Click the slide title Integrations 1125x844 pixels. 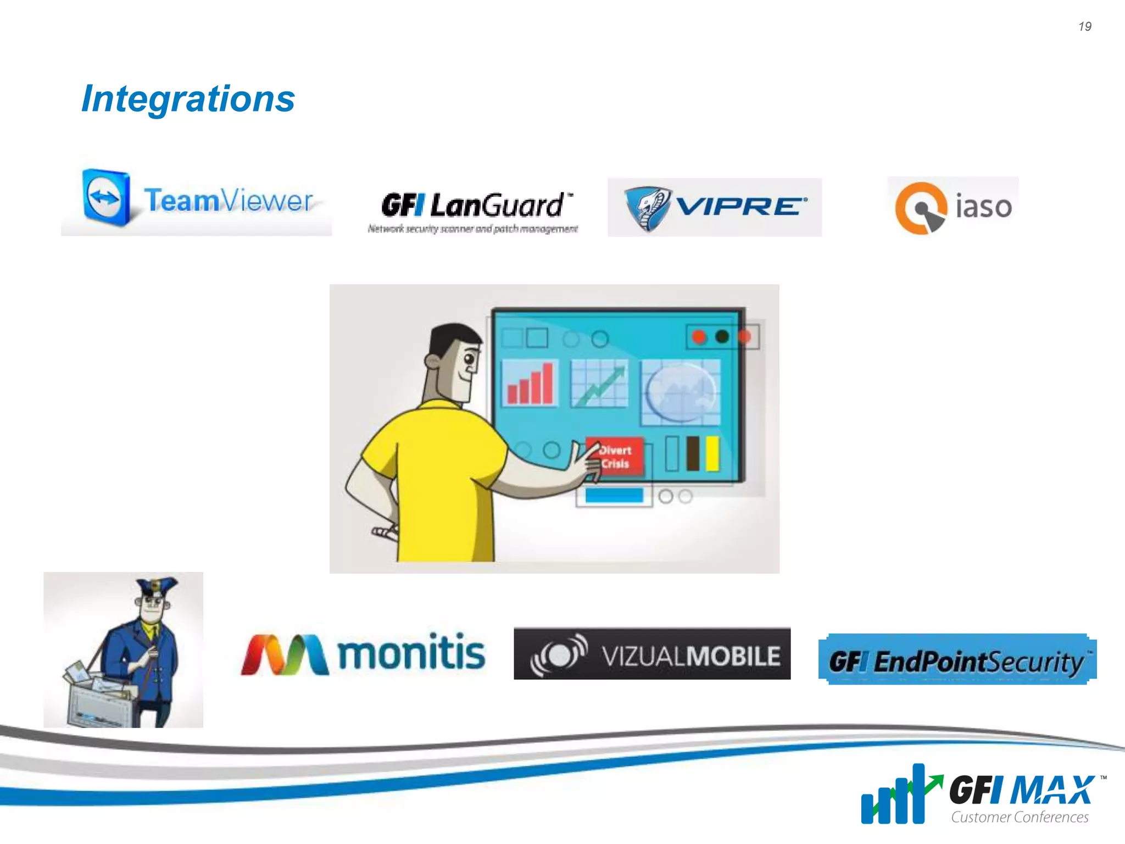click(x=188, y=99)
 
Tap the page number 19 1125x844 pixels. click(x=1084, y=26)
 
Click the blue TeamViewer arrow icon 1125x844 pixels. click(x=106, y=198)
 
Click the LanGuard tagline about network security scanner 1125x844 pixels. click(x=472, y=229)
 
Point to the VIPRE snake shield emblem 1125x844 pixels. click(x=648, y=208)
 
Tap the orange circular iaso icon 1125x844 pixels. click(x=921, y=208)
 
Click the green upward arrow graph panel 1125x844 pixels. click(x=599, y=383)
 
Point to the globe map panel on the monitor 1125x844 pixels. click(x=681, y=392)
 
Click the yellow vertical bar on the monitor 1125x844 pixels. click(x=712, y=453)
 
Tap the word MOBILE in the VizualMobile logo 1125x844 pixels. click(x=733, y=656)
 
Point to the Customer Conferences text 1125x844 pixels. click(x=1020, y=817)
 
